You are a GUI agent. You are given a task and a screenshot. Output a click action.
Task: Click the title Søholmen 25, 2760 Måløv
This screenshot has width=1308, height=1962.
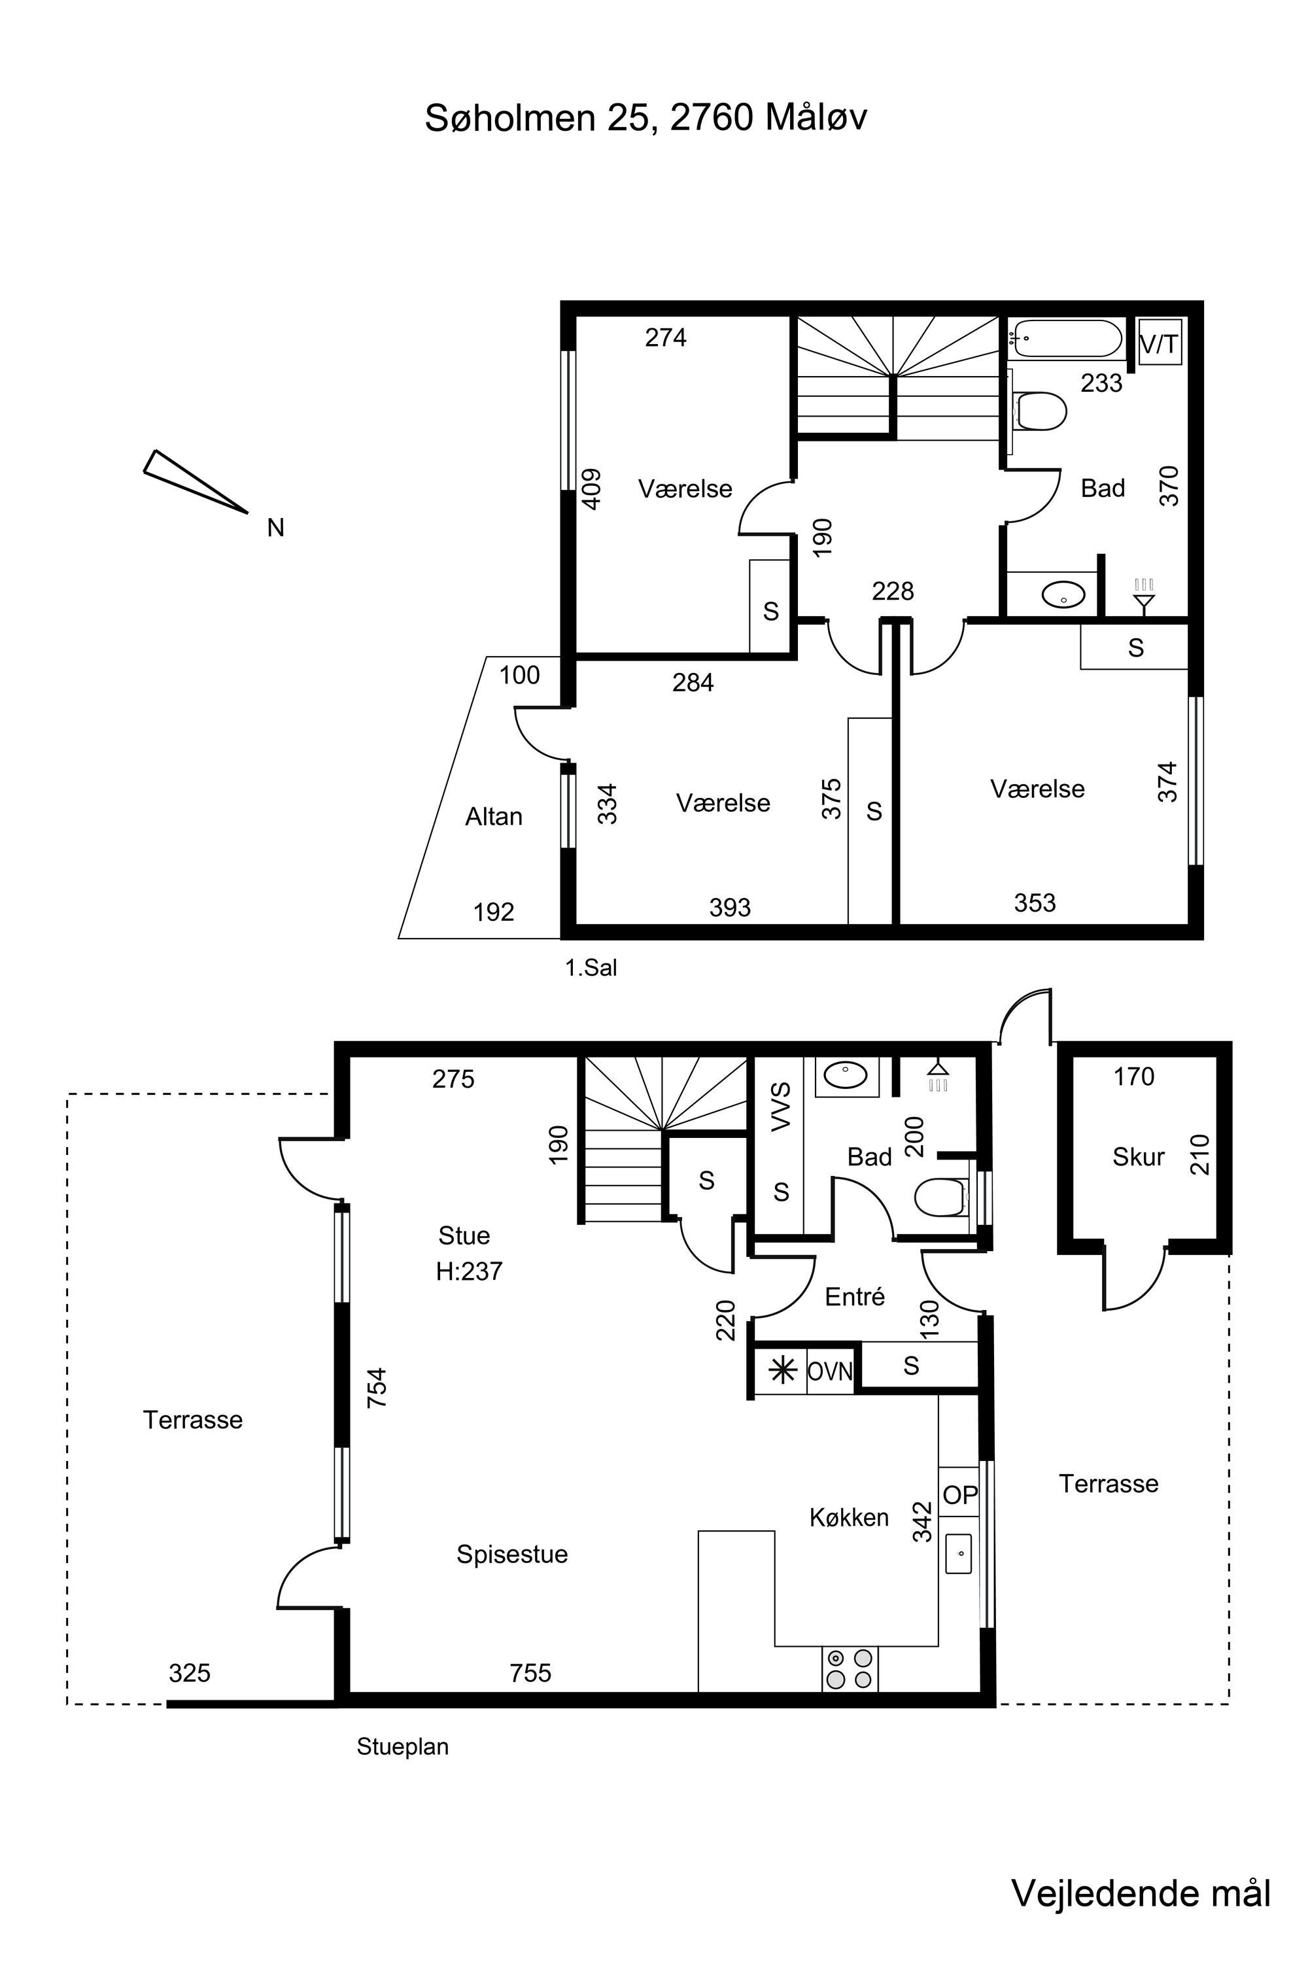pos(645,118)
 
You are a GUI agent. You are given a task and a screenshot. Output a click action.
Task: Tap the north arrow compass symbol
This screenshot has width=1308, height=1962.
pos(195,481)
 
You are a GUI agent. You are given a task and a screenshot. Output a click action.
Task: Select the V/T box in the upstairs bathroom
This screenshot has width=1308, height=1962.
pos(1160,342)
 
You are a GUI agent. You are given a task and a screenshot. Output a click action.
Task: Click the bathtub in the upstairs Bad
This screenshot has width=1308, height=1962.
pos(1065,339)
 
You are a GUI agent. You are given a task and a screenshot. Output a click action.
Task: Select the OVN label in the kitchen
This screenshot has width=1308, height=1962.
pos(830,1371)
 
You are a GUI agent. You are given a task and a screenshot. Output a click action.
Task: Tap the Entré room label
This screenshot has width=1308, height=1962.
pos(854,1296)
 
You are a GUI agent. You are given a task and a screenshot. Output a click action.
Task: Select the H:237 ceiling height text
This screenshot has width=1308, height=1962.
pos(469,1271)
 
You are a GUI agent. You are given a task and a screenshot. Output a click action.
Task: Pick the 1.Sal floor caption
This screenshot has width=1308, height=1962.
pos(591,968)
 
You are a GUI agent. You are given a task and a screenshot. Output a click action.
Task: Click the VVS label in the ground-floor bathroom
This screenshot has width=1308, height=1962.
pos(781,1107)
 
